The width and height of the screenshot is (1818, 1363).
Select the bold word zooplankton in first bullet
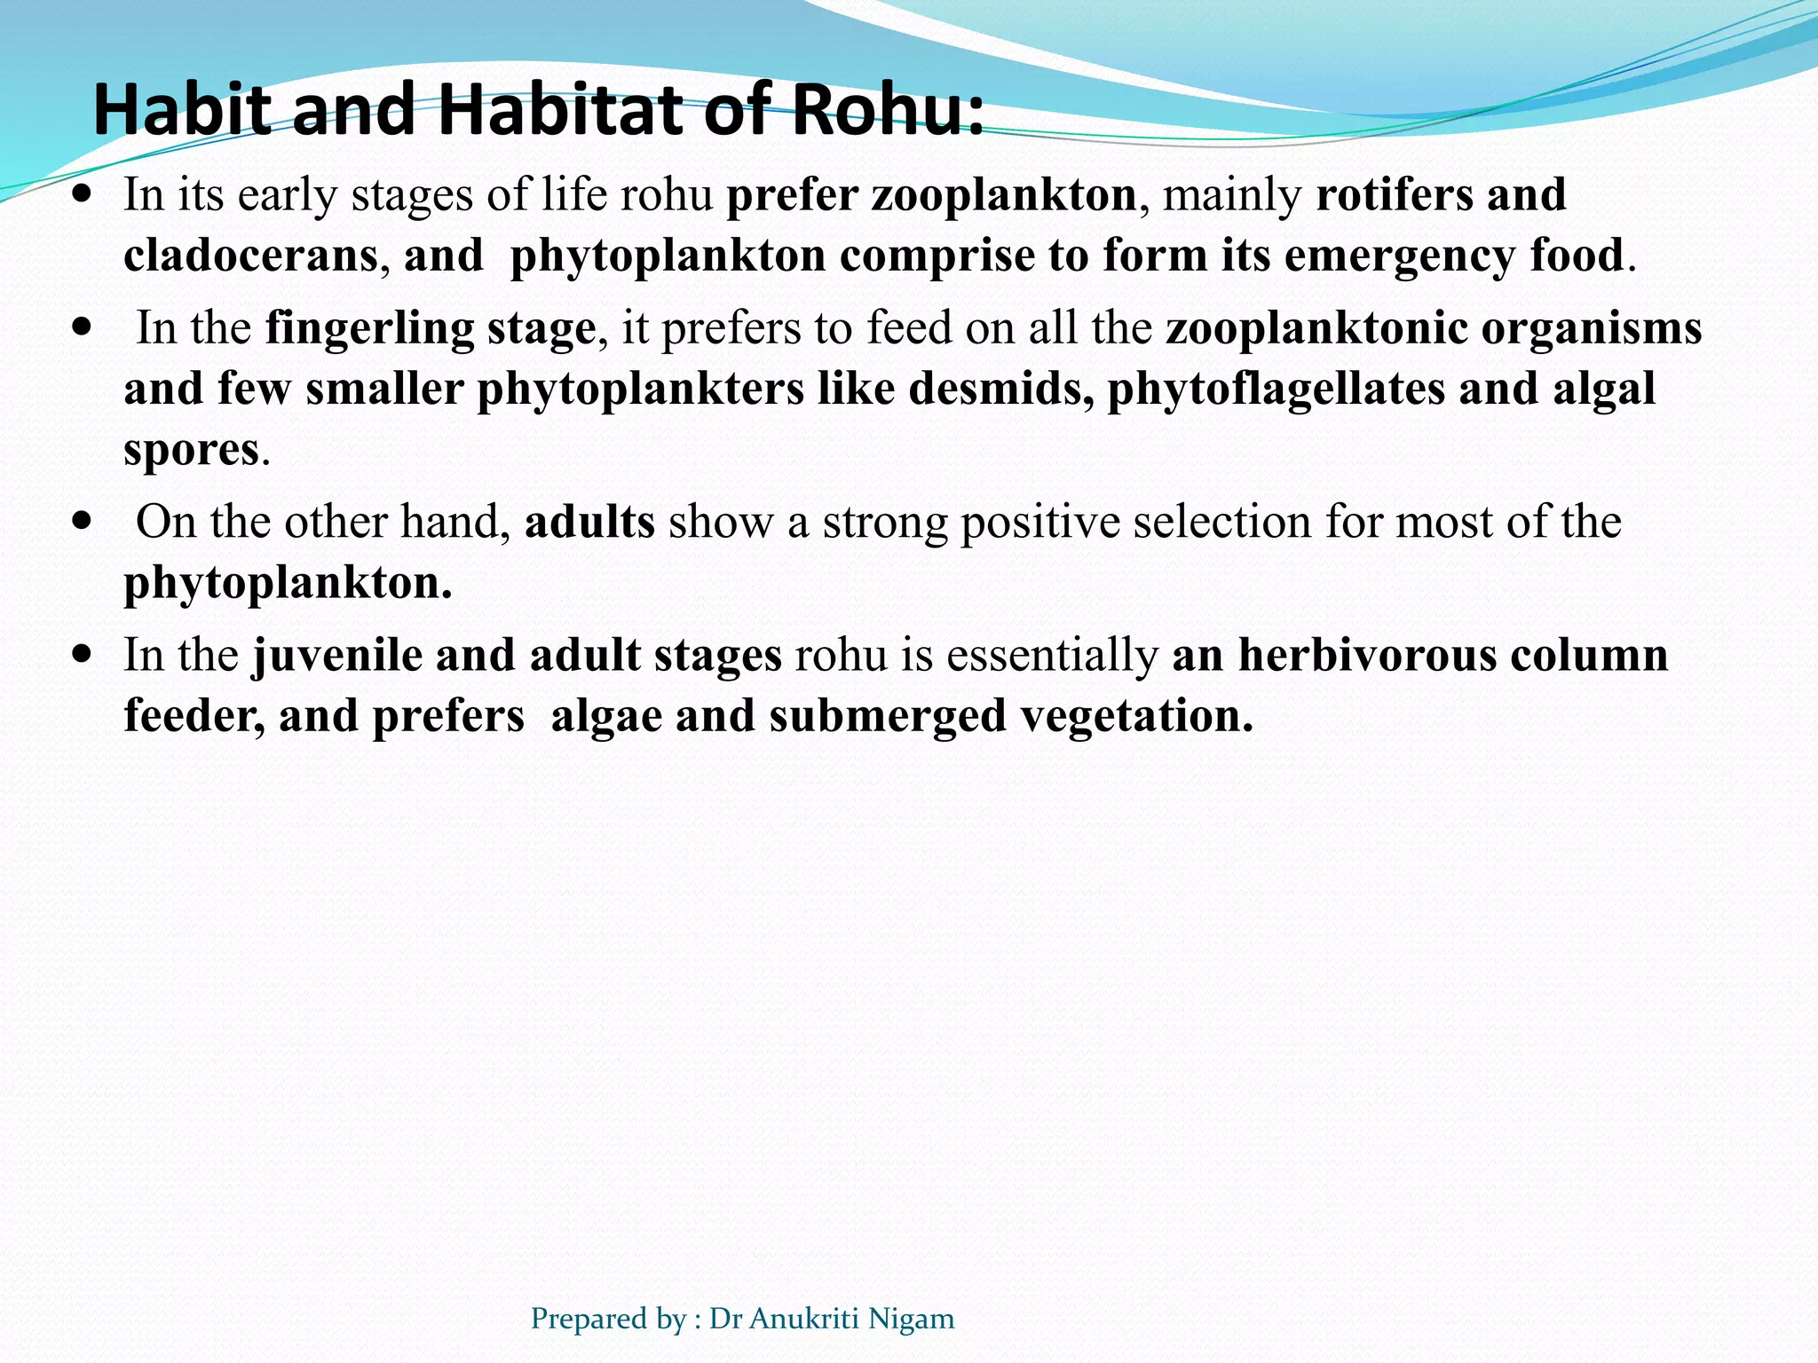click(x=1003, y=195)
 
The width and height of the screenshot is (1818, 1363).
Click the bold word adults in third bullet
click(x=589, y=522)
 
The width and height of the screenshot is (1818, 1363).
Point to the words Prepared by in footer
click(x=608, y=1320)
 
